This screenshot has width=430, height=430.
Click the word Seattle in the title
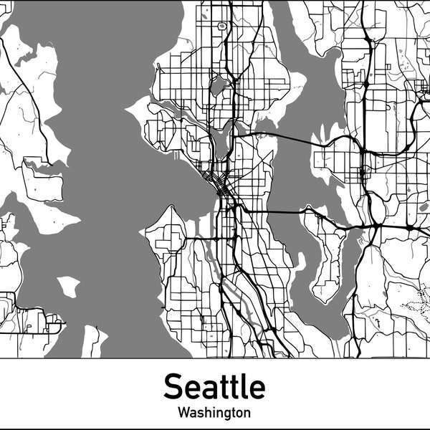point(214,387)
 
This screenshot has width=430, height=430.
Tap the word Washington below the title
point(214,413)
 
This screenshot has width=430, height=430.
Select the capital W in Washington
point(183,413)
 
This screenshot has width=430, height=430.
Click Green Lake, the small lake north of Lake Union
point(218,87)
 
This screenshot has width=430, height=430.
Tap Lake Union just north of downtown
point(221,140)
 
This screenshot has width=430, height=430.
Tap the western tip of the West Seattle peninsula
point(146,231)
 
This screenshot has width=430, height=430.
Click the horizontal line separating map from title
point(215,358)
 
